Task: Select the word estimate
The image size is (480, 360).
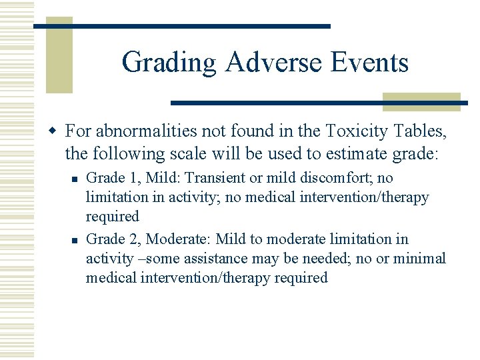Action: tap(351, 153)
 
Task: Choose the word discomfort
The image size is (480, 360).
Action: tap(339, 179)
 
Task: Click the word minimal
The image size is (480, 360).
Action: tap(419, 259)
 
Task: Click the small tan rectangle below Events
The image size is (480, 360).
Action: tap(421, 101)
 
